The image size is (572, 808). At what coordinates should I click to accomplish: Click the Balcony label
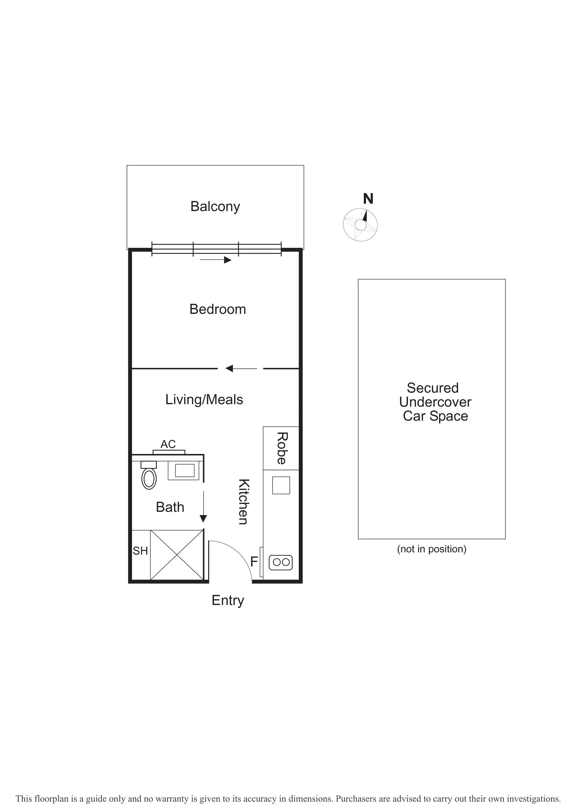pos(215,207)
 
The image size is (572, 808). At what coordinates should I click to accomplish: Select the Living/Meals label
pos(204,400)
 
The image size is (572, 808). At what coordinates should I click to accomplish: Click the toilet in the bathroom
pos(149,475)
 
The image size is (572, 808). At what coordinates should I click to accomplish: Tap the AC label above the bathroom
pos(168,444)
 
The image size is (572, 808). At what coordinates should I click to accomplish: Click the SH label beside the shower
pos(140,551)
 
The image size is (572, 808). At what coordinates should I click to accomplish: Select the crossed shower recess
pos(177,555)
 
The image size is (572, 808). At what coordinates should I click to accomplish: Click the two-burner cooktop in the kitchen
pos(281,562)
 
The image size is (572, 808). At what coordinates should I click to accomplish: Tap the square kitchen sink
pos(281,485)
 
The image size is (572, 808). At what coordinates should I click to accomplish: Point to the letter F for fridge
pos(254,562)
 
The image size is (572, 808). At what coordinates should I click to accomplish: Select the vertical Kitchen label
pos(244,502)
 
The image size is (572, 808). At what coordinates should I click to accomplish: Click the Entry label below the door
pos(228,601)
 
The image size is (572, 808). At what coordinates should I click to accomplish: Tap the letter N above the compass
pos(368,199)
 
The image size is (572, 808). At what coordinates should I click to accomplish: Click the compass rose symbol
pos(360,225)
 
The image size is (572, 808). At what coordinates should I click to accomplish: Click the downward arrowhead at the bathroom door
pos(203,519)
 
